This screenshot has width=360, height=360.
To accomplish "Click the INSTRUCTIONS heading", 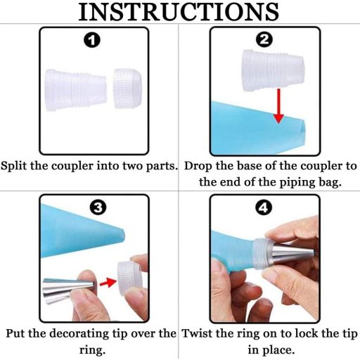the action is [x=179, y=12].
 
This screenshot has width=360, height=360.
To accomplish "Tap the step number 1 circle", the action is [x=92, y=40].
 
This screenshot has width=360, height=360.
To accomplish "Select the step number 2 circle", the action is [x=264, y=40].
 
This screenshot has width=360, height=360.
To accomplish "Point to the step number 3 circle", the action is [x=98, y=207].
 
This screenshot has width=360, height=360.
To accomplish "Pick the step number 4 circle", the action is [x=264, y=207].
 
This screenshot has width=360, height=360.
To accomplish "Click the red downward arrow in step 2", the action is [x=278, y=105].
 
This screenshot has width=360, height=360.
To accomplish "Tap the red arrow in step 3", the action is [x=108, y=283].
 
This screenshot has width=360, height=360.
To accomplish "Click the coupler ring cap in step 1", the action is [x=128, y=89].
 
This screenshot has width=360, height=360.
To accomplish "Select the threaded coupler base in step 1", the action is [x=76, y=90].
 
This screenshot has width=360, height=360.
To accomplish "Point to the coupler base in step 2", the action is [x=274, y=70].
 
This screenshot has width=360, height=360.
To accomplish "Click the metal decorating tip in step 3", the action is [x=68, y=290].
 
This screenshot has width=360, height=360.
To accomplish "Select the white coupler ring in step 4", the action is [x=262, y=255].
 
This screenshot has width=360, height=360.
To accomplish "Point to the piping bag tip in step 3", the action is [x=122, y=234].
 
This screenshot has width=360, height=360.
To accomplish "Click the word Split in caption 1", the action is [x=15, y=166].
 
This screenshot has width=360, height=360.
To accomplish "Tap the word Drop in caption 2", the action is [x=198, y=166].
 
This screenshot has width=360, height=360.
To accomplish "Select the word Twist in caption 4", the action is [x=196, y=333].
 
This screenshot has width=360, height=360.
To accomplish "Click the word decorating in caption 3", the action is [x=79, y=334].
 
